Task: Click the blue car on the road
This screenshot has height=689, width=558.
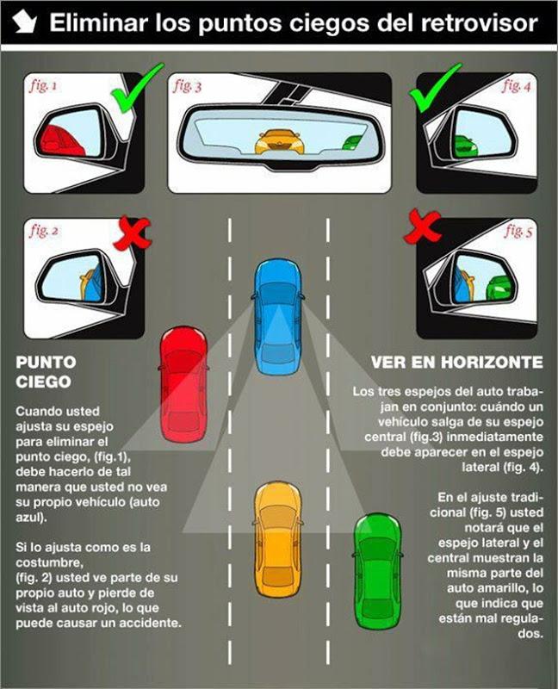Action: [x=278, y=317]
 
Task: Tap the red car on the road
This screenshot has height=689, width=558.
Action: [x=183, y=384]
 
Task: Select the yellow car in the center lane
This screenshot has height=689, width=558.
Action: [x=278, y=540]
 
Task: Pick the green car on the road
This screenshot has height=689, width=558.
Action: [x=377, y=570]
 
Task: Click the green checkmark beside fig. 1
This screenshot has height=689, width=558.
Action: [x=136, y=87]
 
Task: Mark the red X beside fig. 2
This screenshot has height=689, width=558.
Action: [x=132, y=233]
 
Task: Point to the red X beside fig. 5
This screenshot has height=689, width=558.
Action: [x=422, y=227]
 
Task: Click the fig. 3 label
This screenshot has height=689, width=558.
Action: [x=188, y=85]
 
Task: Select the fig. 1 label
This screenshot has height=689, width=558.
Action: [x=43, y=85]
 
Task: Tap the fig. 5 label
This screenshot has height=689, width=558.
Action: [x=518, y=230]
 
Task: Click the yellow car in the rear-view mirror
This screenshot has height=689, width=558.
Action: [x=280, y=141]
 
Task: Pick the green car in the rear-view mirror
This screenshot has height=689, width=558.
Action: [x=352, y=142]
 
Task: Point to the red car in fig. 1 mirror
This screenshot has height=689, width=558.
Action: [x=59, y=140]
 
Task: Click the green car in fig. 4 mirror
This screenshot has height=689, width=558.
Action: [x=465, y=146]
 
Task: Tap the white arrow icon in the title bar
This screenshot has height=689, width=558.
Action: [x=25, y=22]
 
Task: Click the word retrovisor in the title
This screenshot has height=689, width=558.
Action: [x=480, y=23]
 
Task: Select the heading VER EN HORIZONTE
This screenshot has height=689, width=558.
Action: [x=457, y=363]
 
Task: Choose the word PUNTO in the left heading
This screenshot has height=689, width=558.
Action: [x=46, y=363]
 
